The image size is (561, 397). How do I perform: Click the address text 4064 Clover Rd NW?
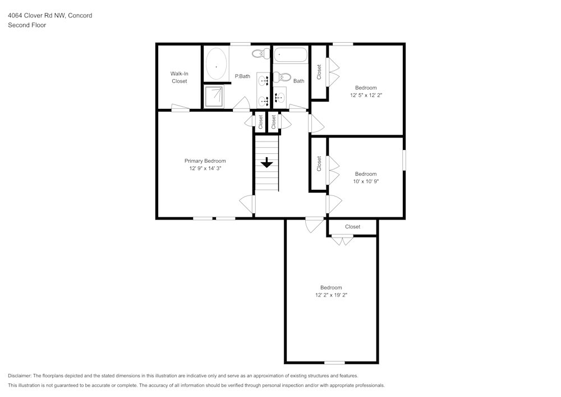(x=36, y=16)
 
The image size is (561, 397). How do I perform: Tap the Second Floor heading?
(x=26, y=25)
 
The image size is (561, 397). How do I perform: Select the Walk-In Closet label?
(x=179, y=77)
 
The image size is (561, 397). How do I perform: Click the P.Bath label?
(x=242, y=76)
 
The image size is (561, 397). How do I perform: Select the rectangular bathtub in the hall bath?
(x=291, y=55)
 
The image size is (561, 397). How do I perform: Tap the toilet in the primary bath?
(x=259, y=54)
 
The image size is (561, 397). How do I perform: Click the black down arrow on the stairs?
(x=266, y=163)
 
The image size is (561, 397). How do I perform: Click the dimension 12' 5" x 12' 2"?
(x=366, y=95)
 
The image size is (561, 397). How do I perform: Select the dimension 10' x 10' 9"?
(x=366, y=181)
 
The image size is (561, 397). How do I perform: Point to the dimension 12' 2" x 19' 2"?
(x=331, y=295)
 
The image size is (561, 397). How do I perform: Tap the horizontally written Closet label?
(x=352, y=227)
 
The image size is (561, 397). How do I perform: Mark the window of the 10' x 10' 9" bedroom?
(x=404, y=160)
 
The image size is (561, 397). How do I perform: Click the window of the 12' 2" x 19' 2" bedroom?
(x=334, y=362)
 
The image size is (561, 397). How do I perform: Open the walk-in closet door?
(x=181, y=108)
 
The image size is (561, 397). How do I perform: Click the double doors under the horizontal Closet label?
(x=342, y=240)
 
